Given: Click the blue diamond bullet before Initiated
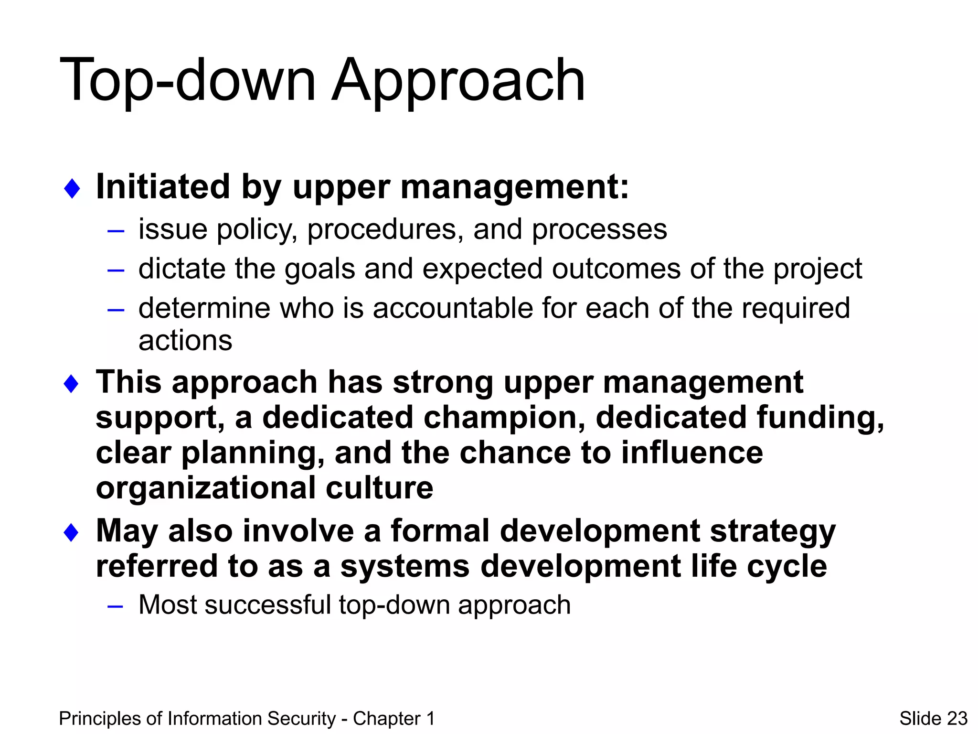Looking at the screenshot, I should point(72,188).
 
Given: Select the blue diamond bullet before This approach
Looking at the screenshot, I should point(71,384).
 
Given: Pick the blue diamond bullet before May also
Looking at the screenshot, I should point(71,532).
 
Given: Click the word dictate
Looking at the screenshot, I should point(181,269).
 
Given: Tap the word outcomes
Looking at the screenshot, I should point(616,269).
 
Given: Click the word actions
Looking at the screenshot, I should point(185,341).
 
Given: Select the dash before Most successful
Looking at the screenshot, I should point(116,606).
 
